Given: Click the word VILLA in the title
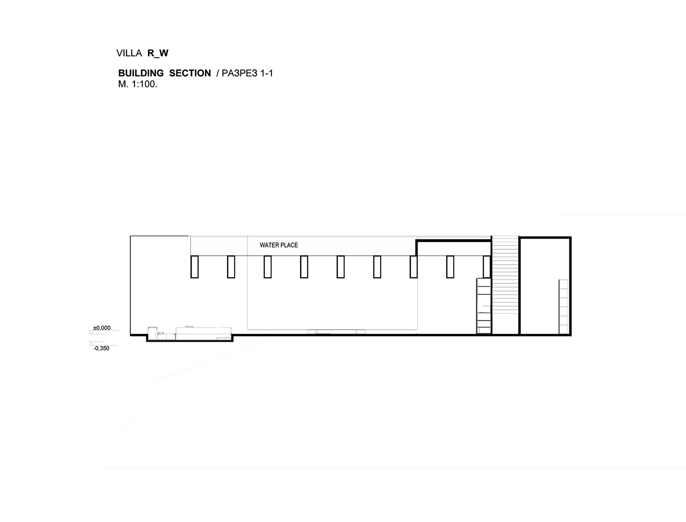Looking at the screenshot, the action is pyautogui.click(x=129, y=53).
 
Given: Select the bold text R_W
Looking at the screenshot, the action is pyautogui.click(x=158, y=54).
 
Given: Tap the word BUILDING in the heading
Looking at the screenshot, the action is pyautogui.click(x=141, y=73).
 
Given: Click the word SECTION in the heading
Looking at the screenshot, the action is pyautogui.click(x=190, y=73).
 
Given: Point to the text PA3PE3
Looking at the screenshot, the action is pyautogui.click(x=239, y=73).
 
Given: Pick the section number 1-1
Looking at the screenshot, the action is pyautogui.click(x=267, y=73).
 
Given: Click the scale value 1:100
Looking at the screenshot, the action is pyautogui.click(x=144, y=84).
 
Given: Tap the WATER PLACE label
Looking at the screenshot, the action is pyautogui.click(x=279, y=245).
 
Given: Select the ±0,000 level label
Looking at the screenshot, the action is pyautogui.click(x=102, y=328).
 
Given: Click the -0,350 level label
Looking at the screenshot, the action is pyautogui.click(x=101, y=349).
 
